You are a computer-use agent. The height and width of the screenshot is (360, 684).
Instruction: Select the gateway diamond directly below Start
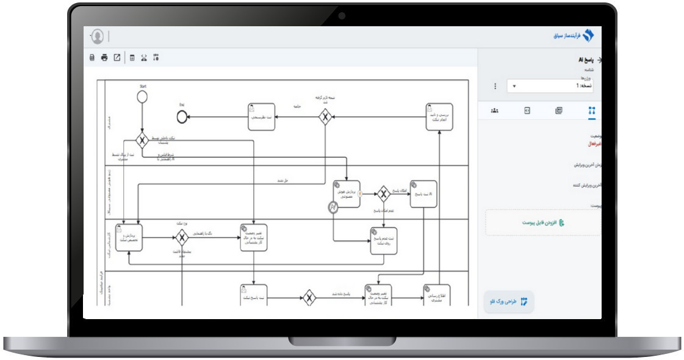(142, 141)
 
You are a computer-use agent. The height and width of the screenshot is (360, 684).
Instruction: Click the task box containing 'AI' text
(423, 193)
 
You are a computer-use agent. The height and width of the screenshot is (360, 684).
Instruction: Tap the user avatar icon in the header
(97, 37)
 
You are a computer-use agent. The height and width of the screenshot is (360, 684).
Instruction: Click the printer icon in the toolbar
(104, 58)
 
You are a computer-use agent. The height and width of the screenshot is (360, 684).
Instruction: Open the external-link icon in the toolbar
(117, 58)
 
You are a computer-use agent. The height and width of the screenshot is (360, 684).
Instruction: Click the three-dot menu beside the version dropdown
(495, 86)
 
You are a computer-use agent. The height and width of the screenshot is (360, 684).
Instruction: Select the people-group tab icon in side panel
(494, 110)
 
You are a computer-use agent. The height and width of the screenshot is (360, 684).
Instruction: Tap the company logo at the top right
(588, 36)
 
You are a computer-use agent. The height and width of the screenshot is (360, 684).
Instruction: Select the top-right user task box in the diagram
(439, 116)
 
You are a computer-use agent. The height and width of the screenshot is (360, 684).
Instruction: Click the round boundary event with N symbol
(333, 208)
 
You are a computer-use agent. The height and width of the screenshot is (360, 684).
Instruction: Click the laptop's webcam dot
(342, 16)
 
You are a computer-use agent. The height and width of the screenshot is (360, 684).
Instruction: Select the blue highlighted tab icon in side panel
(591, 110)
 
